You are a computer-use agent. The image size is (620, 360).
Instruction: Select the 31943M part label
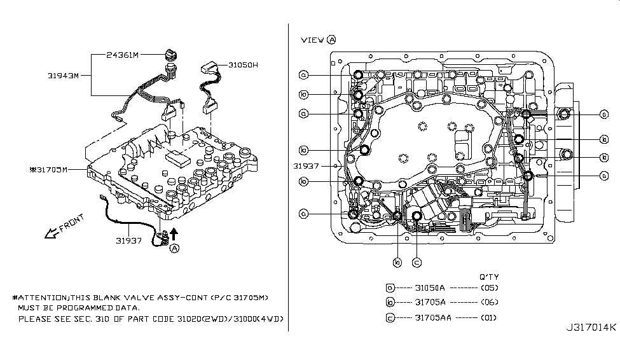(x=63, y=76)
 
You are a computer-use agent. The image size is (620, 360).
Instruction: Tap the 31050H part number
(x=243, y=66)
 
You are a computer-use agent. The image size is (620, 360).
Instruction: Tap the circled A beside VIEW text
(x=332, y=39)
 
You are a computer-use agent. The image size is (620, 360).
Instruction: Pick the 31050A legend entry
(x=429, y=287)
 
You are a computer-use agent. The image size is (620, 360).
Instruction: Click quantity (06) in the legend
(x=490, y=303)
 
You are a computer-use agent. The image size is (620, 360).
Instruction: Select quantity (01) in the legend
(x=490, y=317)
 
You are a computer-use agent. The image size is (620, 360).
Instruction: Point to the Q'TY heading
(x=489, y=277)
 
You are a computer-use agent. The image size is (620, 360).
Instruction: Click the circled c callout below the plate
(x=417, y=261)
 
